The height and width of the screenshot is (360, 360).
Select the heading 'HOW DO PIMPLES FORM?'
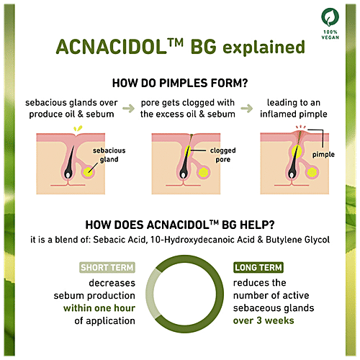[179, 84]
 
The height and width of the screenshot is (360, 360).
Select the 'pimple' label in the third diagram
[323, 154]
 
